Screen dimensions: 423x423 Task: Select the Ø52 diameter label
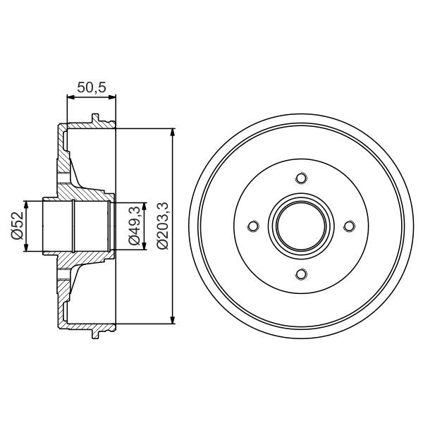coord(17,226)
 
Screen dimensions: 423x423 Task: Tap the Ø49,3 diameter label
coord(133,226)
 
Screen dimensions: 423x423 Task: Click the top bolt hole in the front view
coord(301,178)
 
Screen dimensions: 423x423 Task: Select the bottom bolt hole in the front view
coord(301,274)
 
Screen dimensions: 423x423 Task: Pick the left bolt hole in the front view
coord(253,226)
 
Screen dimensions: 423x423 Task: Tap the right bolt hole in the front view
coord(349,226)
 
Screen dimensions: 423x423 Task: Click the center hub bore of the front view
coord(301,226)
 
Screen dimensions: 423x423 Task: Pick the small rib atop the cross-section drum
coord(94,118)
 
